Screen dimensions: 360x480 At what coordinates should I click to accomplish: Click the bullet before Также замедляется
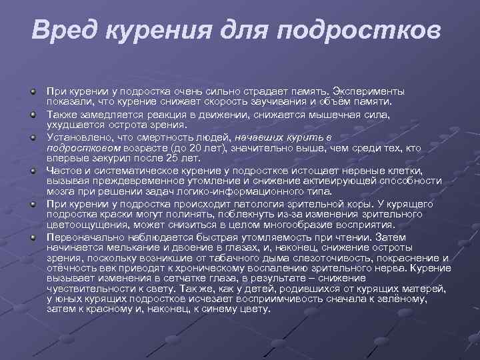click(x=31, y=114)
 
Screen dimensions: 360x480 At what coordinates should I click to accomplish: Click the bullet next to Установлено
click(x=31, y=137)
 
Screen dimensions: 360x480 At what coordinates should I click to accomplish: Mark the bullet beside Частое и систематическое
click(x=31, y=171)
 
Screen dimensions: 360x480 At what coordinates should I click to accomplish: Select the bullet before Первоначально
click(x=31, y=237)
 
